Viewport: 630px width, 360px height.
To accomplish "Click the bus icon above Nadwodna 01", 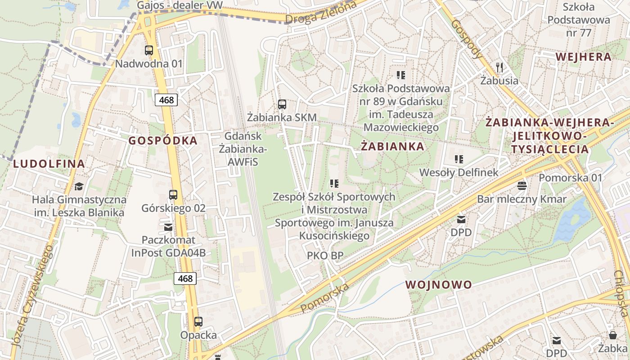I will tap(149, 50).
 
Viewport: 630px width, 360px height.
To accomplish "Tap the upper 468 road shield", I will tap(166, 99).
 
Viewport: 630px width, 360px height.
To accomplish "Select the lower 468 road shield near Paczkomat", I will tap(185, 279).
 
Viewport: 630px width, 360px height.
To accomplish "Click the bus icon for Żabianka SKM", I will tap(282, 104).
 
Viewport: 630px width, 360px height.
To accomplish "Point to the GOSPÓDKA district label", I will tap(163, 140).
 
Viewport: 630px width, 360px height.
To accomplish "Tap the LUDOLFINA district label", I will tap(49, 164).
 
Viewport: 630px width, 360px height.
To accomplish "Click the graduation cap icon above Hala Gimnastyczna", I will tap(79, 186).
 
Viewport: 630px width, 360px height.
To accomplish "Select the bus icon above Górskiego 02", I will tap(173, 195).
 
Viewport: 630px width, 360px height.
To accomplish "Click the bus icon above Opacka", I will tap(198, 322).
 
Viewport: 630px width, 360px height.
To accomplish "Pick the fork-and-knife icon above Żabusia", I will tap(499, 67).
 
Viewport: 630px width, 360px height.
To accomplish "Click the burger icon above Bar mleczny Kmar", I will tap(522, 185).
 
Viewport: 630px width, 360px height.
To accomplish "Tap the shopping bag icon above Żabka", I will tap(612, 335).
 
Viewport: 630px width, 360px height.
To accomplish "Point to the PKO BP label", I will tap(325, 256).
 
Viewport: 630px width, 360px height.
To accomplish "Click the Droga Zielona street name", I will tap(321, 13).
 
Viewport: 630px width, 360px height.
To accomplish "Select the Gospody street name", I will tap(467, 39).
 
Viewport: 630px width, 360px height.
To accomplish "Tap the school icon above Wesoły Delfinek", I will tap(459, 159).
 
